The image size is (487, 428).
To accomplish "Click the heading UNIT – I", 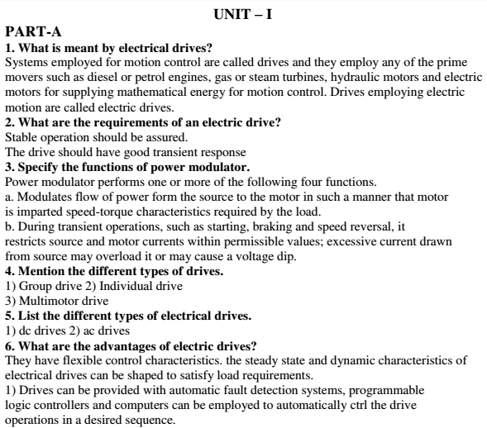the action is [x=243, y=13].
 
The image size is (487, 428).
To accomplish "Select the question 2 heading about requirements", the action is [x=143, y=122].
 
